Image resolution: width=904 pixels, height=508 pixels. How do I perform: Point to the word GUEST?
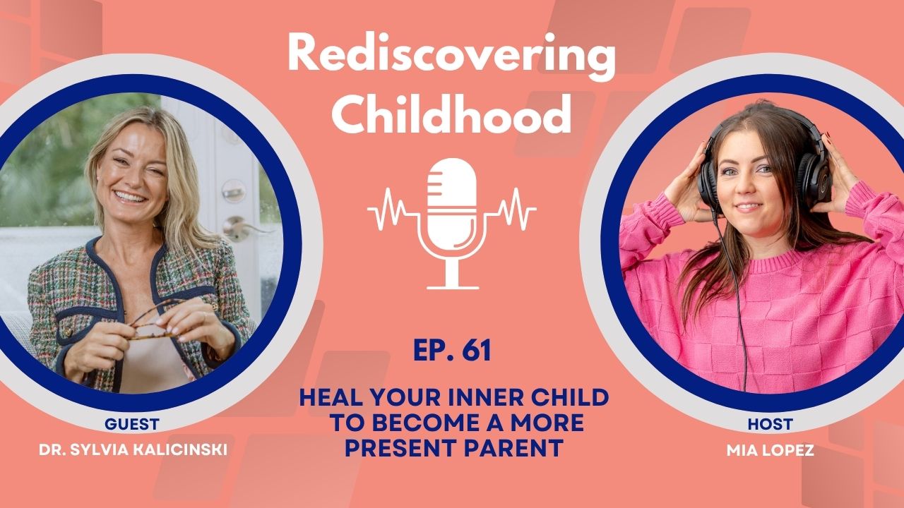coord(131,425)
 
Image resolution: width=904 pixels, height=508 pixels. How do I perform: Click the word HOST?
coord(770,425)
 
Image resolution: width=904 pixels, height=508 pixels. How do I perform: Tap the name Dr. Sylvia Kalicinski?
coord(131,450)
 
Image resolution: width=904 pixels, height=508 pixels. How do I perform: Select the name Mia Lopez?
coord(770,450)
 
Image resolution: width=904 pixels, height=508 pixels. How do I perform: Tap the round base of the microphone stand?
coord(452,286)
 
